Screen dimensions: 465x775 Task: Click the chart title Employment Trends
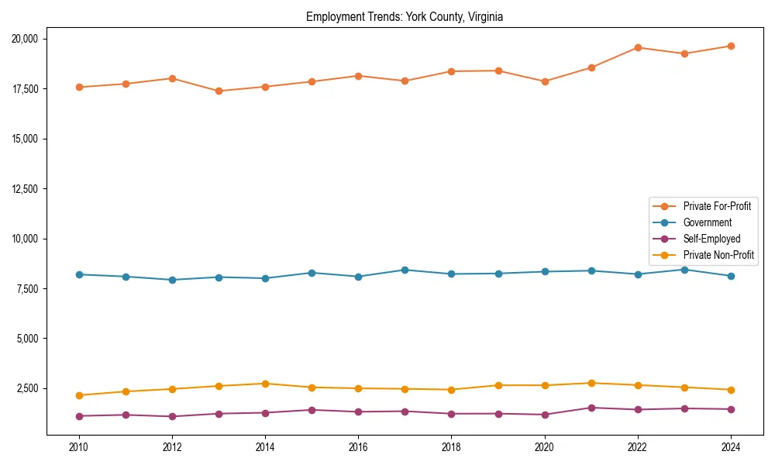[x=405, y=17]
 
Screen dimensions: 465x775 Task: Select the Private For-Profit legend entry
[x=716, y=206]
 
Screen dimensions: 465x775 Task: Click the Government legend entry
[x=707, y=222]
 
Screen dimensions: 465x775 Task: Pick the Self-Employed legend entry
[x=711, y=239]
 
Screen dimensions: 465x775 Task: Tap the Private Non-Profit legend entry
[x=718, y=255]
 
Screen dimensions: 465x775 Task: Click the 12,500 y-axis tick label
[x=30, y=189]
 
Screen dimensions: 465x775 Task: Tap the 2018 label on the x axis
[x=451, y=447]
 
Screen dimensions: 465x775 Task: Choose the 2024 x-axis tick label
[x=731, y=447]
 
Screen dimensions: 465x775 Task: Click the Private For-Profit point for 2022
[x=638, y=47]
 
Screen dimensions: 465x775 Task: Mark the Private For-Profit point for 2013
[x=219, y=91]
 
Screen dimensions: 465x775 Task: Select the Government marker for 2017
[x=405, y=270]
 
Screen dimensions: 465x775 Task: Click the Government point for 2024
[x=731, y=276]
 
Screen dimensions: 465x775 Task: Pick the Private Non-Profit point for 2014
[x=265, y=384]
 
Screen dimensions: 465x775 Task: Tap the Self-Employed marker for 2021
[x=591, y=408]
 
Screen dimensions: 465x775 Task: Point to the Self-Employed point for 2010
[x=78, y=416]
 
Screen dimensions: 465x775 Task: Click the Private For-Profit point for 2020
[x=545, y=81]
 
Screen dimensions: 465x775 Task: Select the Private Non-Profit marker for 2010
[x=78, y=395]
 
